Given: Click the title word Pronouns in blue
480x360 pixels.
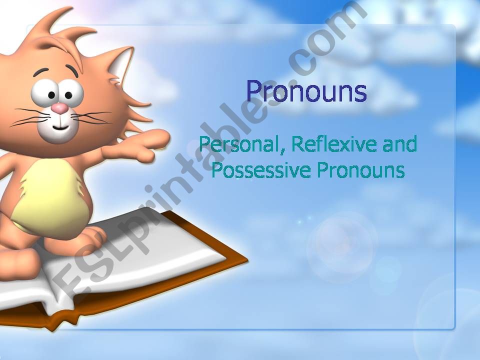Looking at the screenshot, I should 306,92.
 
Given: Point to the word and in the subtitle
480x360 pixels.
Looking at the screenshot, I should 399,145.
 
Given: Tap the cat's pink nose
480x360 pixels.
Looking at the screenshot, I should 60,108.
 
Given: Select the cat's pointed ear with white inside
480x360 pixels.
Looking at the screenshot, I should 119,65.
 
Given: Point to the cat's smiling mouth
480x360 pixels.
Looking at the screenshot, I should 59,127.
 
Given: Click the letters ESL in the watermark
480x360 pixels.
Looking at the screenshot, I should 75,270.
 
